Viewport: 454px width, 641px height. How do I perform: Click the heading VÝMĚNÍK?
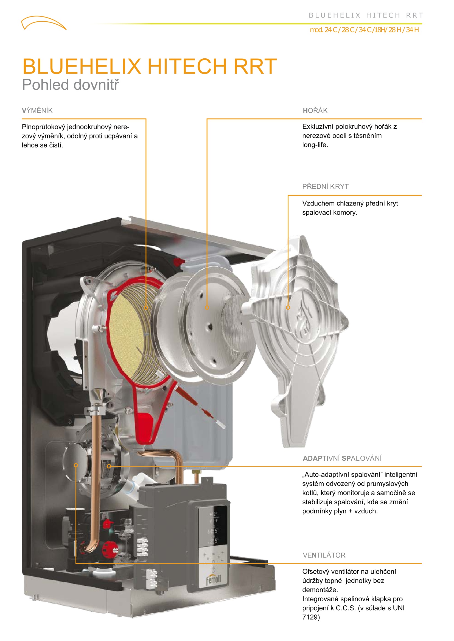click(37, 110)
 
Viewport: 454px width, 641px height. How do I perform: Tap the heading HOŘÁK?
click(315, 110)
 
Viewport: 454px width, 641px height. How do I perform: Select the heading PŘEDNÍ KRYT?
click(326, 187)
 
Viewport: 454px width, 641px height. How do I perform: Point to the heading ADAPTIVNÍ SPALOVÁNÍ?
click(342, 458)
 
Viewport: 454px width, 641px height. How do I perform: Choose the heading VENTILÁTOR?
click(324, 555)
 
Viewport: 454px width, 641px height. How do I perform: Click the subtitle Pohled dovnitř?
click(71, 85)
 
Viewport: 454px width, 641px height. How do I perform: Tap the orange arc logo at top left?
click(44, 23)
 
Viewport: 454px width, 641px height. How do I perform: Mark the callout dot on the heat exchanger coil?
click(146, 308)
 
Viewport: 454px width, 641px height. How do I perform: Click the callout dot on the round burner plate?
click(207, 308)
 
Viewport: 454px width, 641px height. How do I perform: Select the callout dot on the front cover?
click(288, 308)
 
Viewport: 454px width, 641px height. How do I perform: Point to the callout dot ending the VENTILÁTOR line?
click(76, 465)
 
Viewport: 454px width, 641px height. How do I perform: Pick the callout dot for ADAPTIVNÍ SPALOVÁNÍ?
click(109, 466)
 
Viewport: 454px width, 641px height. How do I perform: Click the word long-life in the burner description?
click(315, 145)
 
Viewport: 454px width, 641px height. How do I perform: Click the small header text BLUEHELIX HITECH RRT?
click(366, 15)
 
